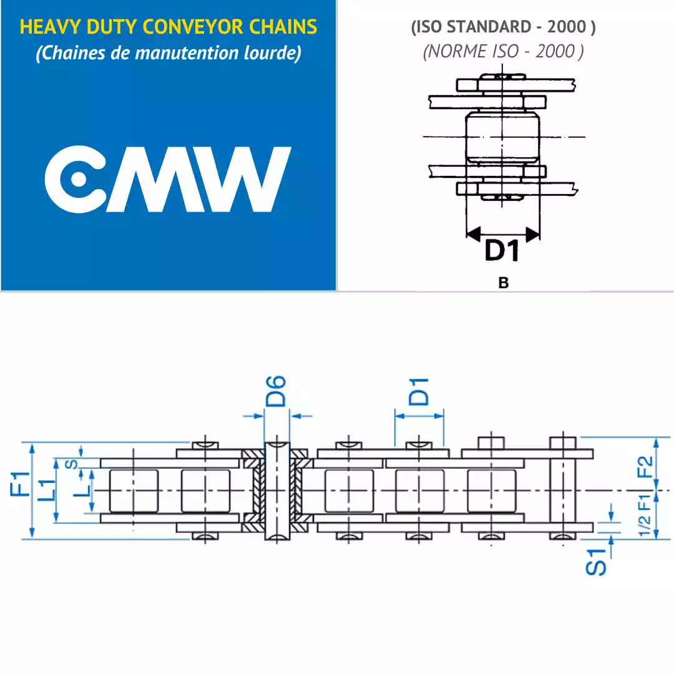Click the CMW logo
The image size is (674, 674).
click(x=168, y=179)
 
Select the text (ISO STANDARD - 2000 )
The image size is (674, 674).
click(x=504, y=27)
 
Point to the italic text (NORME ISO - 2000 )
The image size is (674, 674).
click(x=504, y=52)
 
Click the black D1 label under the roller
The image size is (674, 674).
click(x=502, y=251)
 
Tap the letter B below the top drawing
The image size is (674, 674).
click(x=504, y=283)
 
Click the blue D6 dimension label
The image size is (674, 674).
click(x=276, y=391)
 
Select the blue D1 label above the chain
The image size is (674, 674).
click(x=419, y=392)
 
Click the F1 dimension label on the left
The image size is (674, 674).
click(x=20, y=484)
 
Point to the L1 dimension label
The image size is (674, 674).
click(x=47, y=490)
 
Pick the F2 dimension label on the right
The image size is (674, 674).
click(x=645, y=467)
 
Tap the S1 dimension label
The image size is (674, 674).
click(x=596, y=562)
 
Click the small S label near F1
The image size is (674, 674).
click(x=72, y=464)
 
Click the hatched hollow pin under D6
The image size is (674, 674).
click(x=277, y=491)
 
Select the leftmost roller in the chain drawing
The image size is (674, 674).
click(x=134, y=491)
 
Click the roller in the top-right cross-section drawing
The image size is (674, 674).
click(x=502, y=137)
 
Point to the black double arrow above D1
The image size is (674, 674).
click(x=503, y=234)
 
